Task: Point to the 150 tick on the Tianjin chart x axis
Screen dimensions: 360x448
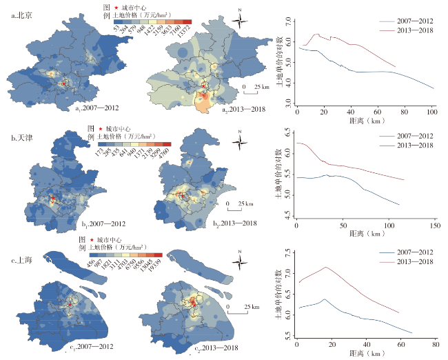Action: (435, 226)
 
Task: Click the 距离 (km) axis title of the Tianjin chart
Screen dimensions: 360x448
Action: (365, 234)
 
